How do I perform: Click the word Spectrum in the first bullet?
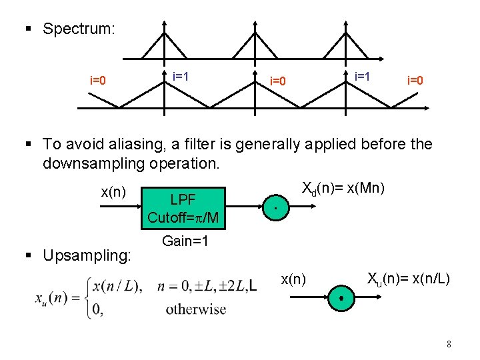[79, 29]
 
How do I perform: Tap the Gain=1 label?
[185, 241]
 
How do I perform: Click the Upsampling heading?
[87, 255]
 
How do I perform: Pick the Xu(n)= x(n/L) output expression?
[409, 276]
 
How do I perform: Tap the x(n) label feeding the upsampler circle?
[293, 277]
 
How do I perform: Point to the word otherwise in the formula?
[196, 309]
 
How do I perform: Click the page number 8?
[449, 345]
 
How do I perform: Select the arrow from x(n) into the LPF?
[120, 208]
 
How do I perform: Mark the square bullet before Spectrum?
[27, 29]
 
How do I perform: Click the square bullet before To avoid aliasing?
[27, 144]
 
